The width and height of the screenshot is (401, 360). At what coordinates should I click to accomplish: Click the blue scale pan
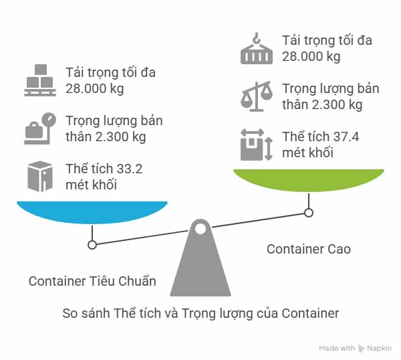92,212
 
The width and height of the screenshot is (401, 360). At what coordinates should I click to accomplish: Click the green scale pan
309,180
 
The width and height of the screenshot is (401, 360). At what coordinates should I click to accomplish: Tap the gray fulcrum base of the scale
200,258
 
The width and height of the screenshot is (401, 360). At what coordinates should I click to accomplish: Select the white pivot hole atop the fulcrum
200,229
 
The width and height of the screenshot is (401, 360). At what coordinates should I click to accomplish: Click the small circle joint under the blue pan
92,245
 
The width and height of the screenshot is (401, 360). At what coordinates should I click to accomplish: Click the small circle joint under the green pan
309,213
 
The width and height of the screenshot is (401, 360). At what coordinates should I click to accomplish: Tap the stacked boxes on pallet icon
40,80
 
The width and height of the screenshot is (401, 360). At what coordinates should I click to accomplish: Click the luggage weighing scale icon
40,128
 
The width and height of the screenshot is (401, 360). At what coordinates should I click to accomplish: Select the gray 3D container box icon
40,177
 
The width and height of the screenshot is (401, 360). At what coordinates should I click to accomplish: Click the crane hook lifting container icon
257,48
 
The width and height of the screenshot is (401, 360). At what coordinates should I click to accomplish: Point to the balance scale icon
257,96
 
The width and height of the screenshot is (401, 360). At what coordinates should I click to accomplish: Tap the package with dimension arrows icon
257,145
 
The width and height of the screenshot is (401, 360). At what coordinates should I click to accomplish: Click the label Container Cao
309,249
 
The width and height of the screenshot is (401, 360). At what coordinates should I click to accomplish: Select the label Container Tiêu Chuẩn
92,281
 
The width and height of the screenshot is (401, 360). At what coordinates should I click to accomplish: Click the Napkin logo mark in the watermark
361,348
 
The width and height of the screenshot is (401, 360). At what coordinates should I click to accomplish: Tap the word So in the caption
70,313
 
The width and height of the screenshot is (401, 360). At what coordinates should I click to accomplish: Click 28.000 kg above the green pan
311,57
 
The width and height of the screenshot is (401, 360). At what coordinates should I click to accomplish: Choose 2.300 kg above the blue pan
120,137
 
